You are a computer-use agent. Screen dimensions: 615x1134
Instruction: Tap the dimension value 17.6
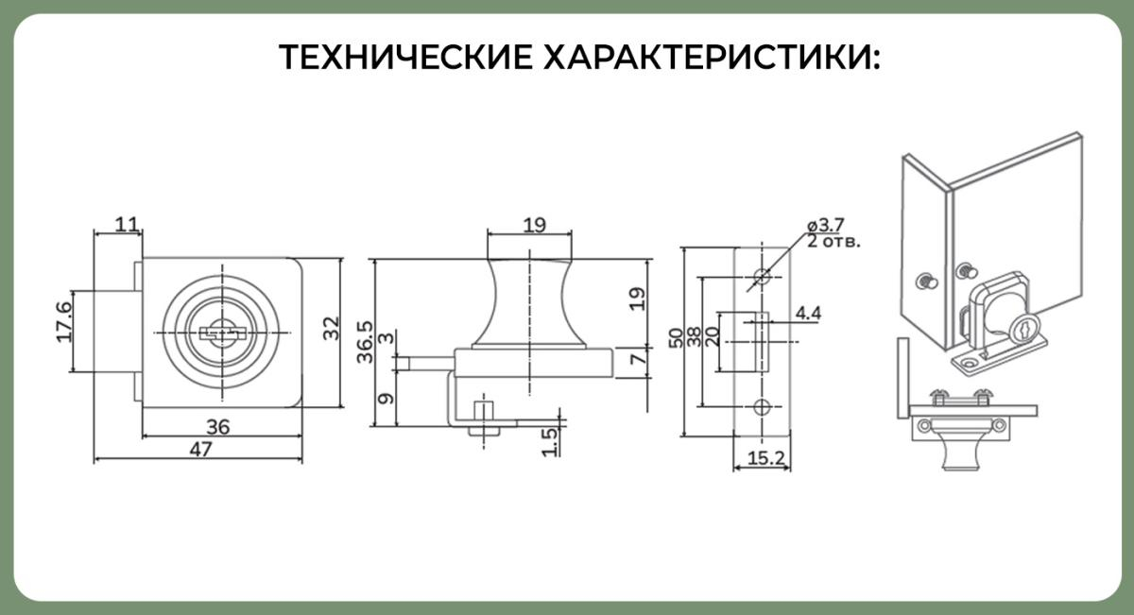(65, 323)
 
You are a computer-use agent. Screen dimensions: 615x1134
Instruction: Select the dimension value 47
(199, 450)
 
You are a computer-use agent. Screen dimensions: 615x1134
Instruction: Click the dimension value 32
(330, 329)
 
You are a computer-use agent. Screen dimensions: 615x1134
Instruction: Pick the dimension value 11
(126, 224)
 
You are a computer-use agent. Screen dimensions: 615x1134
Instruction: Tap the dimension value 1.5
(549, 440)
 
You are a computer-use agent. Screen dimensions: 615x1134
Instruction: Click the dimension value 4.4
(809, 313)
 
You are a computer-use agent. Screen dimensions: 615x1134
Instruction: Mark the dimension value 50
(677, 337)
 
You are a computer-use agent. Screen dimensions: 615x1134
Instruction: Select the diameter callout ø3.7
(825, 225)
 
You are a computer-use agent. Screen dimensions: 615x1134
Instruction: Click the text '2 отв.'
(833, 241)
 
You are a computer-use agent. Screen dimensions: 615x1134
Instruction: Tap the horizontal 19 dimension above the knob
(534, 225)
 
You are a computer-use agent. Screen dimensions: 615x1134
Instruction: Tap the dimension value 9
(384, 400)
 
